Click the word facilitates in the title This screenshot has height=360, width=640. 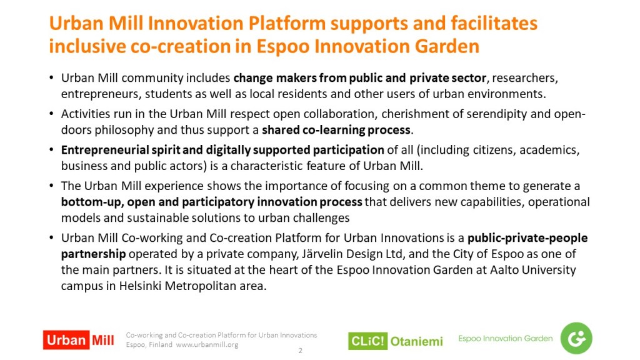click(494, 23)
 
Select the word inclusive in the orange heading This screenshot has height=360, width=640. click(86, 46)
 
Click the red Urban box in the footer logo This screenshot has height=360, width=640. click(66, 340)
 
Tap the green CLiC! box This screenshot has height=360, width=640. click(367, 341)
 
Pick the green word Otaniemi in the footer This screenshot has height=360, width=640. click(417, 341)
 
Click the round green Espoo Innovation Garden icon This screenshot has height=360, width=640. click(576, 338)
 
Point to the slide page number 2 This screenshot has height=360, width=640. click(301, 351)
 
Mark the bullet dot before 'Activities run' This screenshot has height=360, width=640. click(51, 113)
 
